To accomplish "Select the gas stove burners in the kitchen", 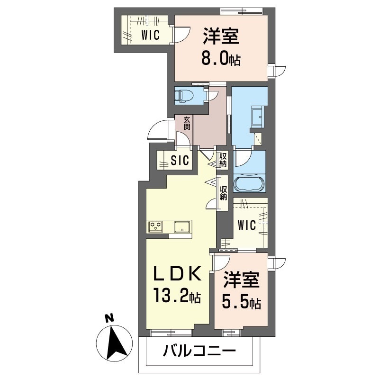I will pyautogui.click(x=155, y=227).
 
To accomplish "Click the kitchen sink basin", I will pyautogui.click(x=181, y=227).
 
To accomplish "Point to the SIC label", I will pyautogui.click(x=180, y=161).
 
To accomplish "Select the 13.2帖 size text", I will pyautogui.click(x=176, y=297).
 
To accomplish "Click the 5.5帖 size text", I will pyautogui.click(x=242, y=302).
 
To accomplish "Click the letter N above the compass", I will pyautogui.click(x=108, y=319).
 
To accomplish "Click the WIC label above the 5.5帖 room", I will pyautogui.click(x=247, y=226).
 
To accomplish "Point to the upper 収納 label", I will pyautogui.click(x=223, y=160).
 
